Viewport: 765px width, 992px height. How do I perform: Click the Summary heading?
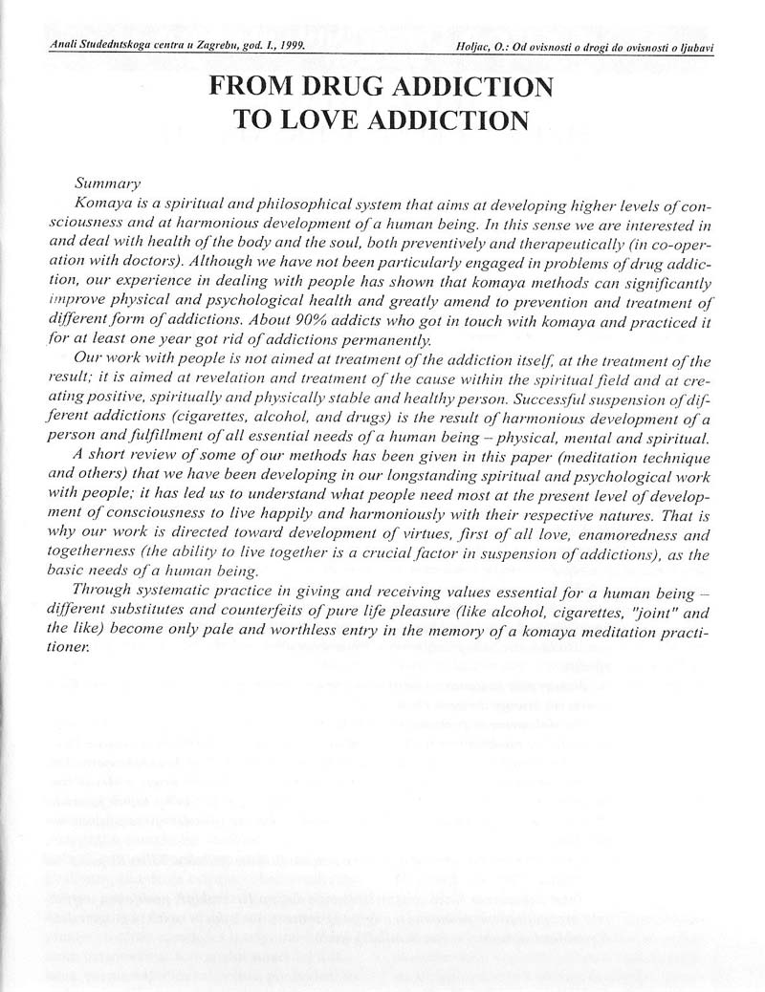(107, 183)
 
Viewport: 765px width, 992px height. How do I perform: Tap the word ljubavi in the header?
(695, 46)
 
